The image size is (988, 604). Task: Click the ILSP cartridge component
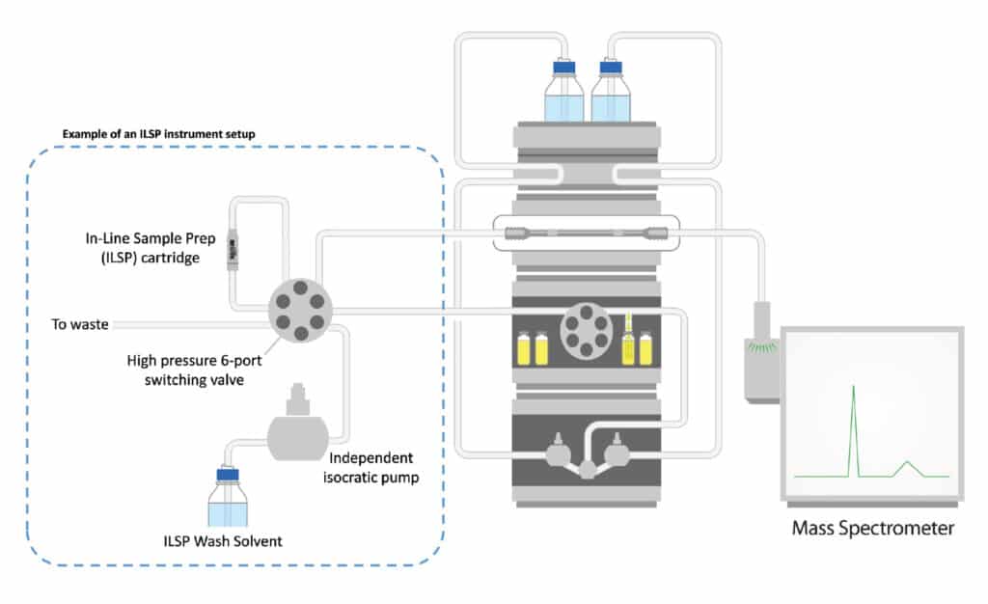point(232,250)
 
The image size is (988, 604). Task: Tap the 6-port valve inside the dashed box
point(301,310)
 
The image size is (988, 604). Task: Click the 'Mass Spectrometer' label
point(872,528)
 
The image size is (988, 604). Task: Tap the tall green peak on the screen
point(853,425)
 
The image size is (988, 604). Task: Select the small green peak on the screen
point(906,468)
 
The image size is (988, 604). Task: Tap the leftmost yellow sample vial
point(525,349)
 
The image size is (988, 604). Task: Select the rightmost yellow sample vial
point(645,349)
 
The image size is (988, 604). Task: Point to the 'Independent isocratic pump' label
point(373,467)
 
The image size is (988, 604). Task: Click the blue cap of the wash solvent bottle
point(228,474)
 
